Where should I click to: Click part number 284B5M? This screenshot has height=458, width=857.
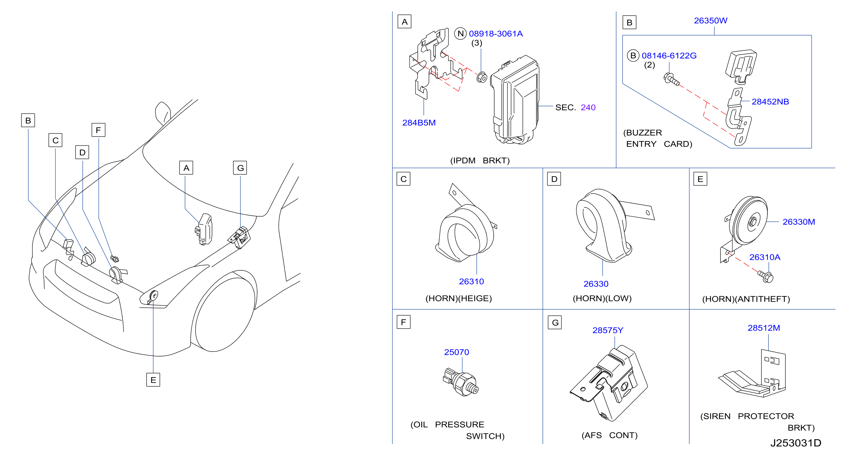(419, 123)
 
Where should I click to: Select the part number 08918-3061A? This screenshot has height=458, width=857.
(496, 34)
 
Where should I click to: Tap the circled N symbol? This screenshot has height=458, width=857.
(460, 33)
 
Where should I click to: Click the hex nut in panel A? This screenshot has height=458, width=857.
(482, 77)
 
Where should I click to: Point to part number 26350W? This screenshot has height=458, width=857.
(711, 21)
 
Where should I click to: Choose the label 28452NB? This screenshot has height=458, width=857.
(770, 102)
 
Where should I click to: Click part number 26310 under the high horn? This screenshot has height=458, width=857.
(472, 281)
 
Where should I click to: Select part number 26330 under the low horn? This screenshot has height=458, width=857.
(596, 284)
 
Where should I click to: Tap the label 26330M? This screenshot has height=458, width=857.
(799, 222)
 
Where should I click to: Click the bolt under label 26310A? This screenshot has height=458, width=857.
(765, 277)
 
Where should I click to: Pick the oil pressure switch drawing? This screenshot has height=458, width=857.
(461, 382)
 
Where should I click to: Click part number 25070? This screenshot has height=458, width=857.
(456, 352)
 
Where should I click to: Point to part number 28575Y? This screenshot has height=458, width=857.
(608, 330)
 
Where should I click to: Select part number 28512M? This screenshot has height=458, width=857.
(764, 328)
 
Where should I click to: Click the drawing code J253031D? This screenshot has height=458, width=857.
(796, 443)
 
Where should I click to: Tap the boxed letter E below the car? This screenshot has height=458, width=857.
(153, 380)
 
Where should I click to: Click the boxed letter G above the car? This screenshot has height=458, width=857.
(240, 168)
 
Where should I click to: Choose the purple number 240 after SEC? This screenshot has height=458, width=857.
(588, 107)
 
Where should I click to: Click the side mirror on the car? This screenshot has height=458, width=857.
(163, 113)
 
